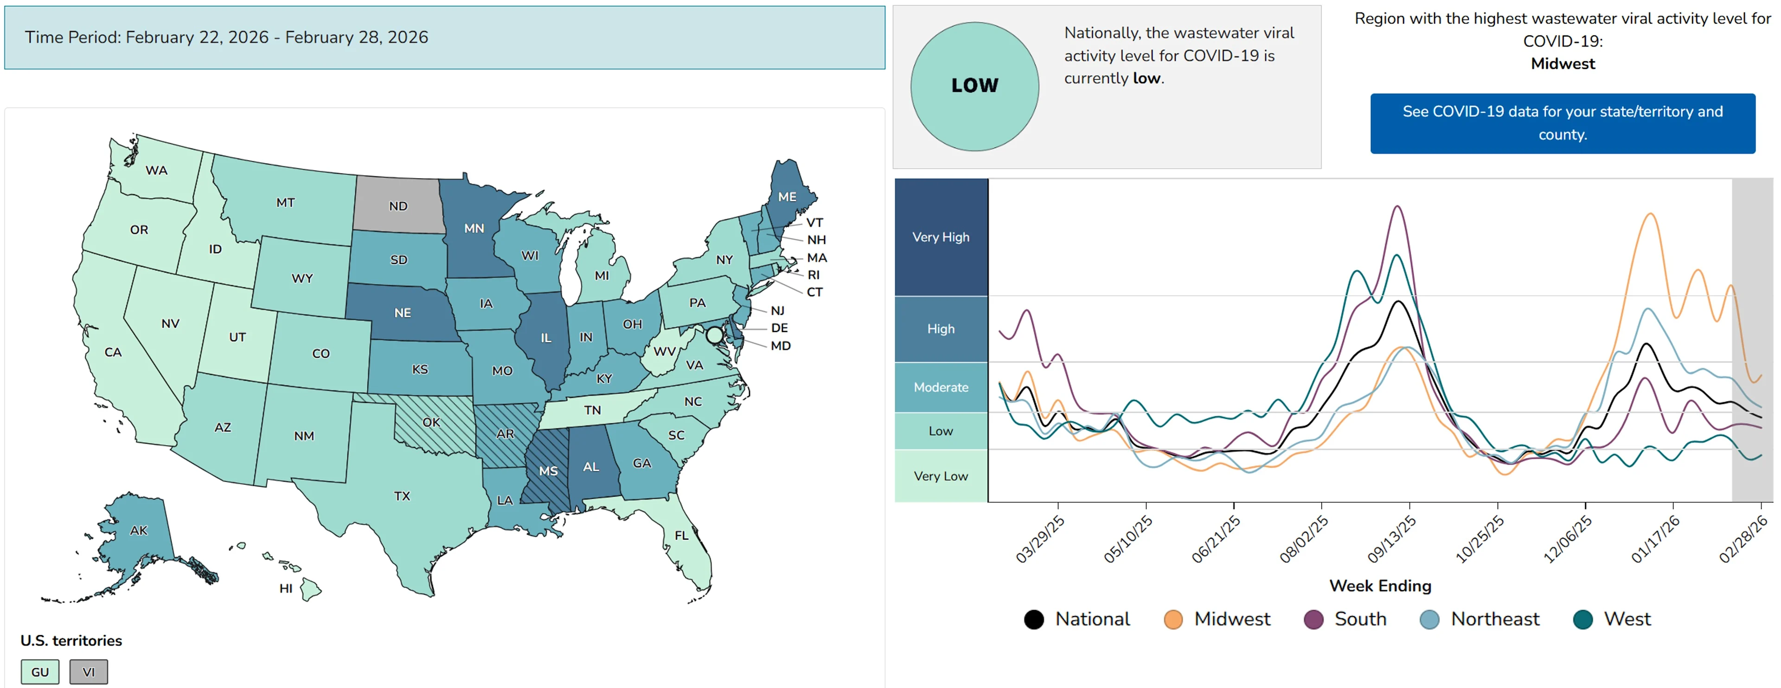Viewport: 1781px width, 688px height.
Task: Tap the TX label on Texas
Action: point(402,496)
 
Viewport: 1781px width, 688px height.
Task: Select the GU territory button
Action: point(40,671)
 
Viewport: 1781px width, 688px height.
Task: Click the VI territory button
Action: point(89,671)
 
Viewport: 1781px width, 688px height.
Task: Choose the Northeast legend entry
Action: point(1480,619)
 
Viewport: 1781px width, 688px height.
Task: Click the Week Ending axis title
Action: point(1380,586)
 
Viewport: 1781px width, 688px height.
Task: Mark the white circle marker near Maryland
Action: point(714,335)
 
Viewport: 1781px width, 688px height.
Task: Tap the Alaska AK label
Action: point(138,530)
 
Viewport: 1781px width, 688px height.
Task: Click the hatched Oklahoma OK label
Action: point(431,422)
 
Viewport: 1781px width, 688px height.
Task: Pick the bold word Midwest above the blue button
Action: point(1563,64)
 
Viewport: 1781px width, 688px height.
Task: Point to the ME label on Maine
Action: point(787,197)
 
